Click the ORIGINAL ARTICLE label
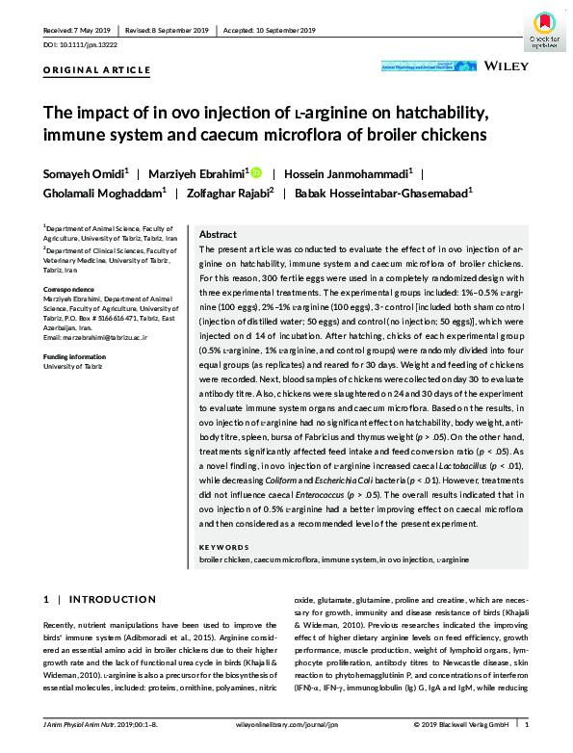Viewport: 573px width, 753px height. click(x=96, y=70)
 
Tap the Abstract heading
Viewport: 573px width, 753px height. click(x=217, y=234)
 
